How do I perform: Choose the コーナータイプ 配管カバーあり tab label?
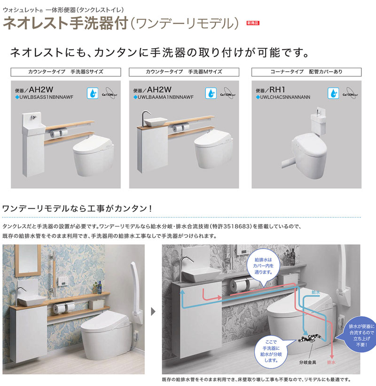point(306,72)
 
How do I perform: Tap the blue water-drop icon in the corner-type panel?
point(334,92)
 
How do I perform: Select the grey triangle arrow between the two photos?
point(153,310)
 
